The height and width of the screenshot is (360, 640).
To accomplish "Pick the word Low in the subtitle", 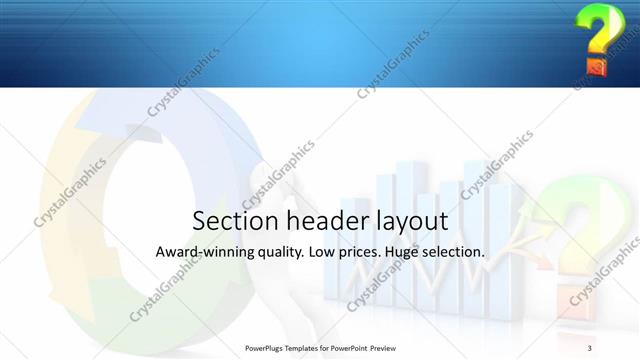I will coord(326,253).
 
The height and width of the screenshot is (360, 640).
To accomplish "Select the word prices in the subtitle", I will coord(367,254).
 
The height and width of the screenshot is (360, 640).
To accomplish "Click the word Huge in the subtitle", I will coord(413,254).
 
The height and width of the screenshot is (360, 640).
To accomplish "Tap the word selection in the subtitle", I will coord(461,253).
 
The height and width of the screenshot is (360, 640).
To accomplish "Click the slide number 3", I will coord(590,347).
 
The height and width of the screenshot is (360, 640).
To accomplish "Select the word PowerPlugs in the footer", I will coord(269,347).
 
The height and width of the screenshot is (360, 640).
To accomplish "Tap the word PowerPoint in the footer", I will coord(351,347).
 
